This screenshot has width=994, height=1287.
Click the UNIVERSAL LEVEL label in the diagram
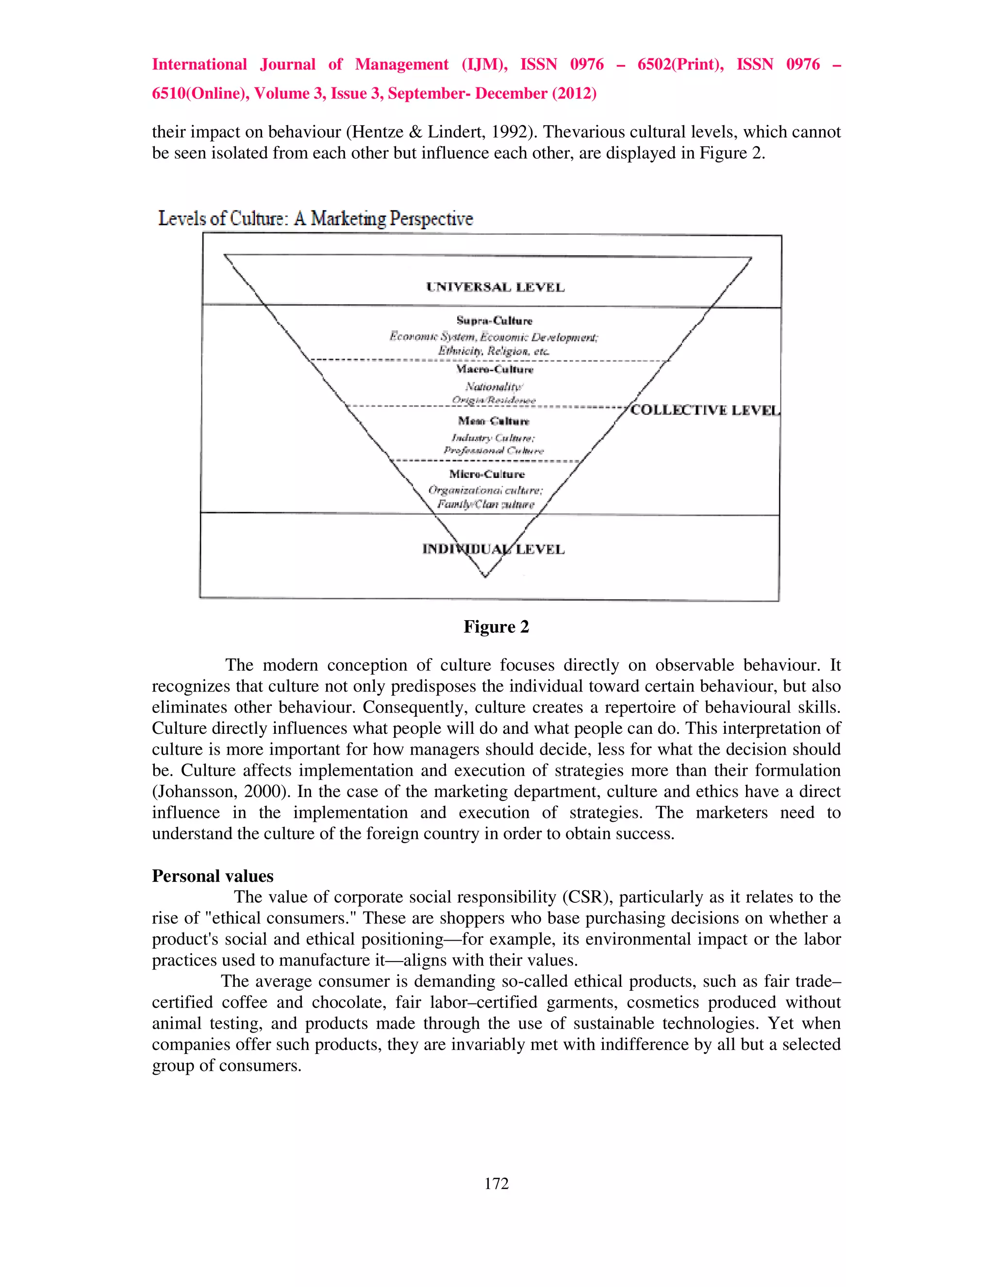pos(495,288)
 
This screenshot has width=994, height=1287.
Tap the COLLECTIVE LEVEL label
pos(705,410)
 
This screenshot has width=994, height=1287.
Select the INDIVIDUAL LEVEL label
pos(494,549)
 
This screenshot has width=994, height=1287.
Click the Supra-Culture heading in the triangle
pos(494,321)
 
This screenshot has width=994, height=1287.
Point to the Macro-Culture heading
pos(495,370)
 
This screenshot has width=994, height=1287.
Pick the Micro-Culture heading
pos(486,474)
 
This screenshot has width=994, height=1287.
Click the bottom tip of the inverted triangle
pos(485,576)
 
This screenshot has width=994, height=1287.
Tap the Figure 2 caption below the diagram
pos(496,627)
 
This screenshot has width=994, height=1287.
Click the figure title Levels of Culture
pos(315,219)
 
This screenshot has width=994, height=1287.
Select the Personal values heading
pos(213,876)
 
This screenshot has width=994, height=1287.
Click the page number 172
pos(497,1183)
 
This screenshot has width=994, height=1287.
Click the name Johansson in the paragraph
pos(194,792)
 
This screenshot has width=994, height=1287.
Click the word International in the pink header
pos(199,64)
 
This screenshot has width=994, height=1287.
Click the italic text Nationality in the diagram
pos(493,387)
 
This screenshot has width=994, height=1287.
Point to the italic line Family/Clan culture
pos(485,505)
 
